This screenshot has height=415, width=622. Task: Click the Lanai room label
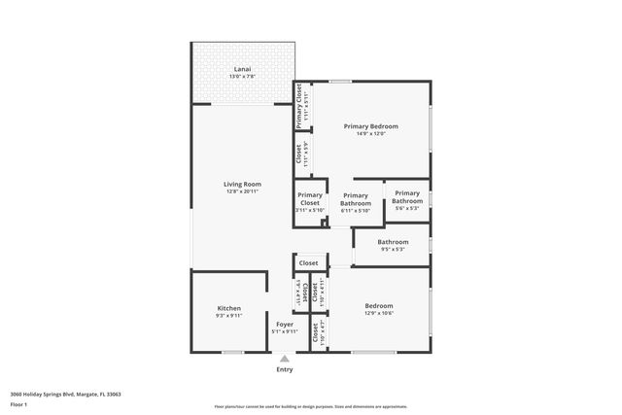(x=242, y=69)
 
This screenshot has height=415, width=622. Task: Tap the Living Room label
(x=242, y=184)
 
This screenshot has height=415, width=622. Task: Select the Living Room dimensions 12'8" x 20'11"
(x=242, y=191)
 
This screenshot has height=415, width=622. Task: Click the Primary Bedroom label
(x=371, y=126)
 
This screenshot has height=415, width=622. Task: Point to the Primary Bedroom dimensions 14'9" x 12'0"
(x=371, y=134)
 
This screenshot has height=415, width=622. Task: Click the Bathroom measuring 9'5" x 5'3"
(x=393, y=245)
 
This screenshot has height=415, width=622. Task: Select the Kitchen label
(x=228, y=308)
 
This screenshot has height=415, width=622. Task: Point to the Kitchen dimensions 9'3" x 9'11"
(x=228, y=316)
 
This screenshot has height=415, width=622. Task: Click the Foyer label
(x=285, y=324)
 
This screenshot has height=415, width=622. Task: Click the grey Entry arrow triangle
(x=285, y=359)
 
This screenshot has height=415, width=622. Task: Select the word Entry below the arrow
(x=285, y=369)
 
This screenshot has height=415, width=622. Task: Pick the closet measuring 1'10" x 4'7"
(x=317, y=332)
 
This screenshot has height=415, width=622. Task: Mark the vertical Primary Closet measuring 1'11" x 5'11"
(x=302, y=106)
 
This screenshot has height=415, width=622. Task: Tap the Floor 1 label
(x=19, y=404)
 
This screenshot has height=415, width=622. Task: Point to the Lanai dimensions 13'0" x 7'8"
(x=242, y=77)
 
